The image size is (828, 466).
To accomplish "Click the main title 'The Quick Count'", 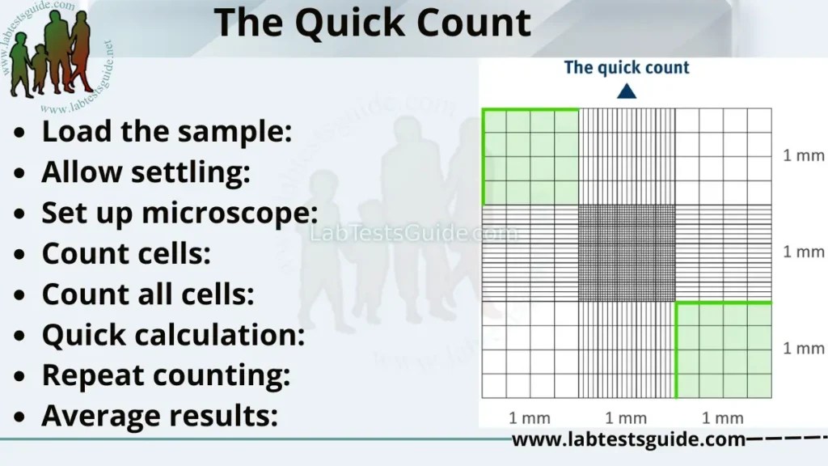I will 373,23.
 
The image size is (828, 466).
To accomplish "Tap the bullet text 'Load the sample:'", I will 167,131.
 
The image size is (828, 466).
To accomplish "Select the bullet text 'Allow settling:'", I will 146,172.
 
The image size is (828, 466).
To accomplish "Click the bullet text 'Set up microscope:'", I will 180,214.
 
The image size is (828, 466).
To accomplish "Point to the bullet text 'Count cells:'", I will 126,254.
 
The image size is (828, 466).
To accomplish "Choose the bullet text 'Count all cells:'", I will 148,294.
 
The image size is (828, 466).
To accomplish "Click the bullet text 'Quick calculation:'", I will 173,335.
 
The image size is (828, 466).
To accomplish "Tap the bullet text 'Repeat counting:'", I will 166,375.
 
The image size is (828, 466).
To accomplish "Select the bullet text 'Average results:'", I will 159,416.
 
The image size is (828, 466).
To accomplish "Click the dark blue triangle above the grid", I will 626,92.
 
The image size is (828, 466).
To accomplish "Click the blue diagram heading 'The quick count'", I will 627,67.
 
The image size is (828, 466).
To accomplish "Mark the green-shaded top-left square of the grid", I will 530,156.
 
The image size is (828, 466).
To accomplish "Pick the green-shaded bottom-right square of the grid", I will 724,350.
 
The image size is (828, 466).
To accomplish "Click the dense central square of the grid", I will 627,253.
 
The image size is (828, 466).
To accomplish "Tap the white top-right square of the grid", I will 724,156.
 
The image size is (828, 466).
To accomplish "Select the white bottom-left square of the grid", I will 530,350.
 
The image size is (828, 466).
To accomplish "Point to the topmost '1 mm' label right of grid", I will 803,156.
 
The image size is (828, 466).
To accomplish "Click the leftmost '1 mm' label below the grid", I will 530,417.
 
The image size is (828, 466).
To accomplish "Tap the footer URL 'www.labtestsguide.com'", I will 628,440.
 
